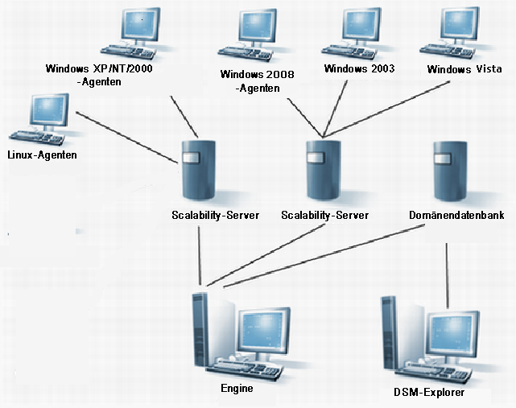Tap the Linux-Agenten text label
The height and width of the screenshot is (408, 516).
[x=42, y=155]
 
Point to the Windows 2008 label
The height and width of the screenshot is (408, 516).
[x=258, y=74]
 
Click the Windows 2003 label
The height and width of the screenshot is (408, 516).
[x=359, y=68]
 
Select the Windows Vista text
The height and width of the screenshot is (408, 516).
[x=464, y=69]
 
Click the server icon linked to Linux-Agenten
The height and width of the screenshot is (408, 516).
[x=198, y=171]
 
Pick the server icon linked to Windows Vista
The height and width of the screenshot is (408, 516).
[x=323, y=171]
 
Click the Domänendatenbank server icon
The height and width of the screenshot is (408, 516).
[x=448, y=171]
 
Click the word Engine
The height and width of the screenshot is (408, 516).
[x=237, y=388]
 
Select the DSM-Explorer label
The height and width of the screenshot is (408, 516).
[x=429, y=394]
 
